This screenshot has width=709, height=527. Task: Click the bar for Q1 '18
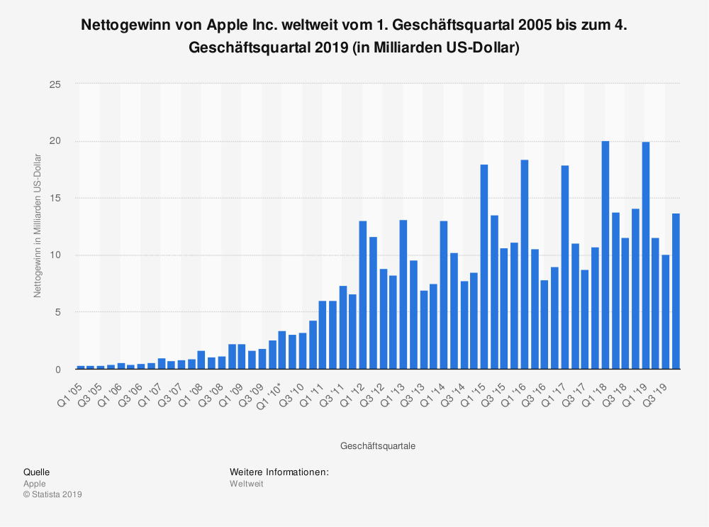605,255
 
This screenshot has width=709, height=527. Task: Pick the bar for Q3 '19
666,312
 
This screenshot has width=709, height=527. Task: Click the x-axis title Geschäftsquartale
378,446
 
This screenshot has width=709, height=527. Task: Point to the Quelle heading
36,472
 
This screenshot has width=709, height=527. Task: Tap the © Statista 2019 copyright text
53,494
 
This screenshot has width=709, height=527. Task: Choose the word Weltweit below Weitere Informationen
247,484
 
